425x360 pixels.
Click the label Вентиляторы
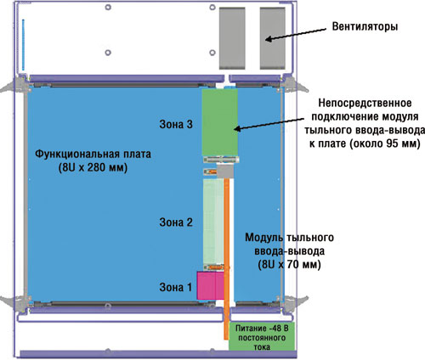tap(365, 26)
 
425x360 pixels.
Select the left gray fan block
tap(232, 38)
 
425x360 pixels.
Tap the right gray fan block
tap(273, 38)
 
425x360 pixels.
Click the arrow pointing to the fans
tap(296, 34)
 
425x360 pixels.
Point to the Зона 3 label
tap(176, 124)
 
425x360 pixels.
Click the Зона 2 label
tap(176, 222)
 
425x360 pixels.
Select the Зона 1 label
tap(176, 287)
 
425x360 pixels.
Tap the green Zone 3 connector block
tap(220, 122)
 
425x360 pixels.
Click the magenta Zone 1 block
tap(211, 285)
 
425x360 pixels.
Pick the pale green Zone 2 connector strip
tap(213, 222)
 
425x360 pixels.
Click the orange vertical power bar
tap(226, 259)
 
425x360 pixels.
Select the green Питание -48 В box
tap(262, 336)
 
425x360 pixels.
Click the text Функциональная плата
tap(93, 155)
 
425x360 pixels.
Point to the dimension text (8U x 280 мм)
tap(93, 168)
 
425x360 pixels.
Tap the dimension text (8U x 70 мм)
tap(289, 265)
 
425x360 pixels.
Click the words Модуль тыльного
tap(289, 238)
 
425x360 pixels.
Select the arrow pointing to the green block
tap(269, 124)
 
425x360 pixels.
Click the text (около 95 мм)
tap(384, 143)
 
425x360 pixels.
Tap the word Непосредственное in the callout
tap(365, 103)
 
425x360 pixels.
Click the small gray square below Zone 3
tap(225, 172)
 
